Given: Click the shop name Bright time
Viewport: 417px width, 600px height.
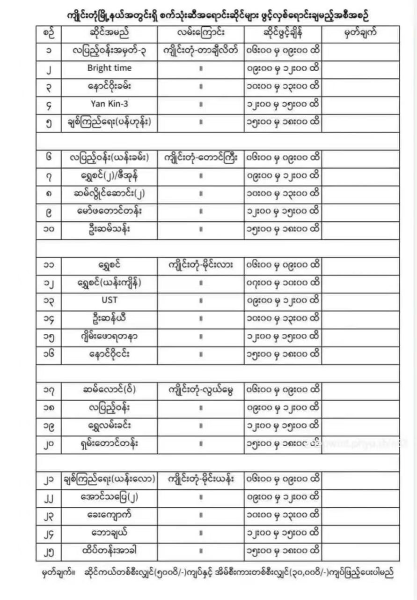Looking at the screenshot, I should coord(110,68).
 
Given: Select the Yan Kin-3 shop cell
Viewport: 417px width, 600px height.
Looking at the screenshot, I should coord(110,104).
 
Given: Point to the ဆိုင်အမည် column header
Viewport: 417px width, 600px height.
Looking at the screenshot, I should coord(109,34).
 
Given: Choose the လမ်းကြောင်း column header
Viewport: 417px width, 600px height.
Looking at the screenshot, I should coord(200,34).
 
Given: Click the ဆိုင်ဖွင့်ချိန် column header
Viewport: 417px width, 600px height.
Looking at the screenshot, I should coord(283,34).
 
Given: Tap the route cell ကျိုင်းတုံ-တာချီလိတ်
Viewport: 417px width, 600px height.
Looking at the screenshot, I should coord(201,50).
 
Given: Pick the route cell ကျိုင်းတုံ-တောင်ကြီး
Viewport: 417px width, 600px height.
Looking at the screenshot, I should coord(201,158).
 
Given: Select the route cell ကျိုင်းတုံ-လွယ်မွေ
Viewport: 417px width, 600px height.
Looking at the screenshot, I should coord(201,390).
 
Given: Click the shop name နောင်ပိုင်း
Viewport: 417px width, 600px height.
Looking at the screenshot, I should coord(110,354).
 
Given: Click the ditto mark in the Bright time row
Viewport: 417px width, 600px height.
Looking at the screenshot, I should coord(201,68).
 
